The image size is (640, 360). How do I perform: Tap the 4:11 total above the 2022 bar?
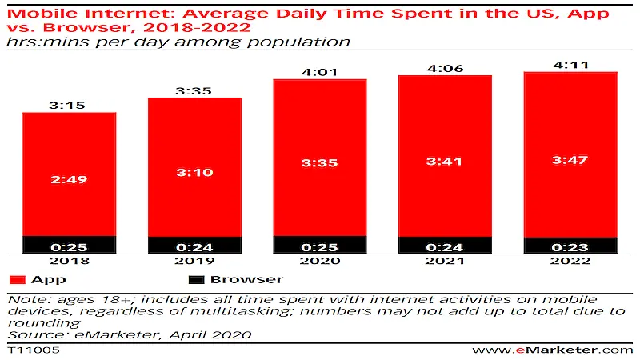[x=570, y=65]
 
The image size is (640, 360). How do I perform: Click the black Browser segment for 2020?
[x=320, y=244]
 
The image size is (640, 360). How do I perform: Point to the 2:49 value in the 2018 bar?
[x=70, y=179]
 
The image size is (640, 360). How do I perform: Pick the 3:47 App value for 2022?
[x=570, y=159]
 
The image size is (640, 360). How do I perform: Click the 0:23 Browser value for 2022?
[x=570, y=246]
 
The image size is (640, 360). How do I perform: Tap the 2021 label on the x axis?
[x=446, y=262]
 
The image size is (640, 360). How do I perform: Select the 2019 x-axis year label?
[x=194, y=262]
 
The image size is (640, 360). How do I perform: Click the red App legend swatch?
[x=17, y=280]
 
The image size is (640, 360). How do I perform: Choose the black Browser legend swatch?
[x=197, y=280]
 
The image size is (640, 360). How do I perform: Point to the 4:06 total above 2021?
[x=446, y=69]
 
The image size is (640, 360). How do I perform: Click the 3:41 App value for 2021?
[x=446, y=161]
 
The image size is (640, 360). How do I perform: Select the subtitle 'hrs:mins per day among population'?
[x=179, y=41]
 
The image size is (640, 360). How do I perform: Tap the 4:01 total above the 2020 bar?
[x=320, y=72]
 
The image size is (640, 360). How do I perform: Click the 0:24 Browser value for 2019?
[x=194, y=246]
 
